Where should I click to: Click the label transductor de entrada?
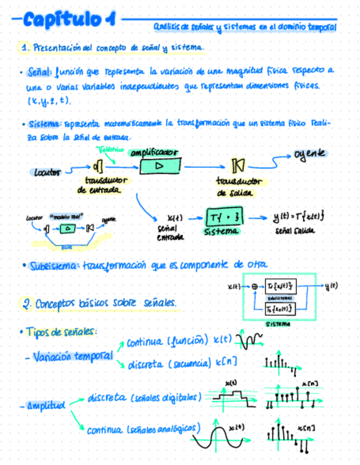[x=106, y=184]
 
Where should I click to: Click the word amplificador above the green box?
[x=154, y=153]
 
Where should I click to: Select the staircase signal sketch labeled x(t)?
[x=233, y=396]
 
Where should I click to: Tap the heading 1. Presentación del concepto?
[x=113, y=48]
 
